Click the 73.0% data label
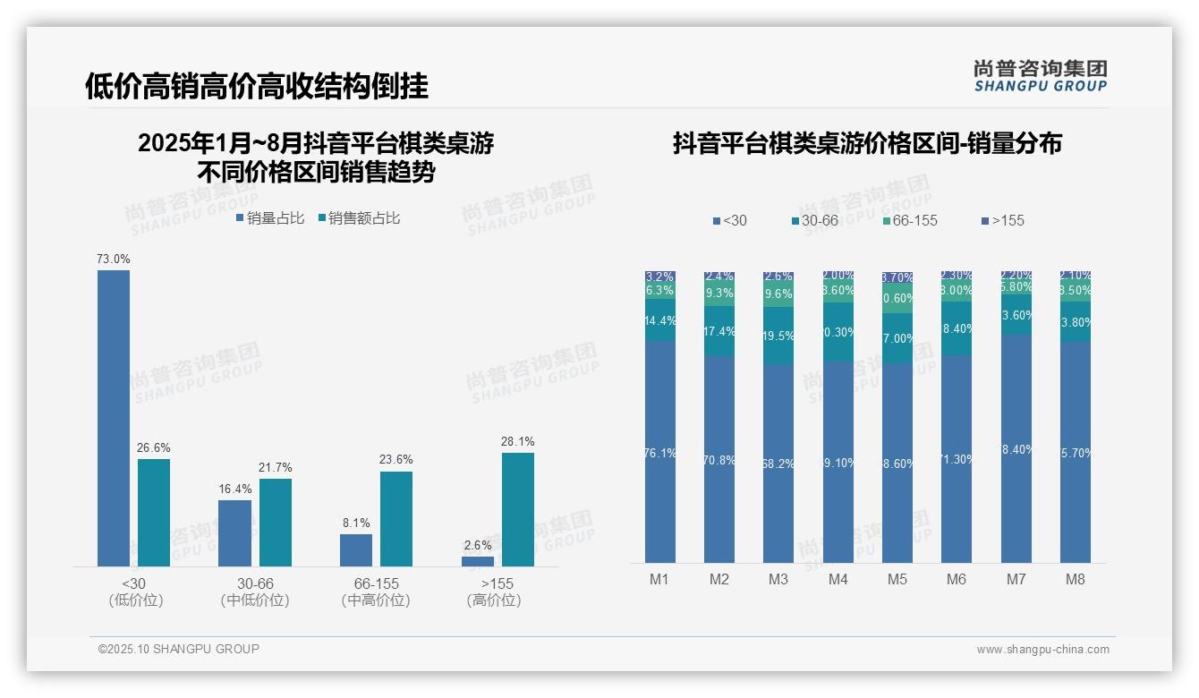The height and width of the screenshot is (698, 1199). [114, 259]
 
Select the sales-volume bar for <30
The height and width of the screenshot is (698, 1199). [114, 418]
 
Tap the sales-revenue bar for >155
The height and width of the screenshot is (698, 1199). [517, 509]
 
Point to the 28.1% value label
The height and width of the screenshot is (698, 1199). [517, 441]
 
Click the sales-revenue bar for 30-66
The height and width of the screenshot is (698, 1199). [276, 523]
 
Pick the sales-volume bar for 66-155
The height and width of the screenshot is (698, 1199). [356, 550]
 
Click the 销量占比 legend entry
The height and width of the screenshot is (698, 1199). [270, 217]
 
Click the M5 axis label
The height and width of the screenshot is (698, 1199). [897, 579]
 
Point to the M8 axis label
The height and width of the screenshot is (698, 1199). [1076, 579]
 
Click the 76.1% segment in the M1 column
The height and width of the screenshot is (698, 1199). [660, 452]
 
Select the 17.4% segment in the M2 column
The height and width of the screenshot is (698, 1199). [719, 331]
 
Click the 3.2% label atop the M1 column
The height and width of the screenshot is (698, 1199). [660, 277]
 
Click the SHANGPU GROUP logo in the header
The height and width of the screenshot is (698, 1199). [1041, 76]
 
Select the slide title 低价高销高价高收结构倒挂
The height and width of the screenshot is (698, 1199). [257, 86]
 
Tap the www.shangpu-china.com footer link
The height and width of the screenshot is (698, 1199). [1042, 650]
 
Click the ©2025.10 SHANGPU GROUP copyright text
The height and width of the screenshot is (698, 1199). [179, 649]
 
